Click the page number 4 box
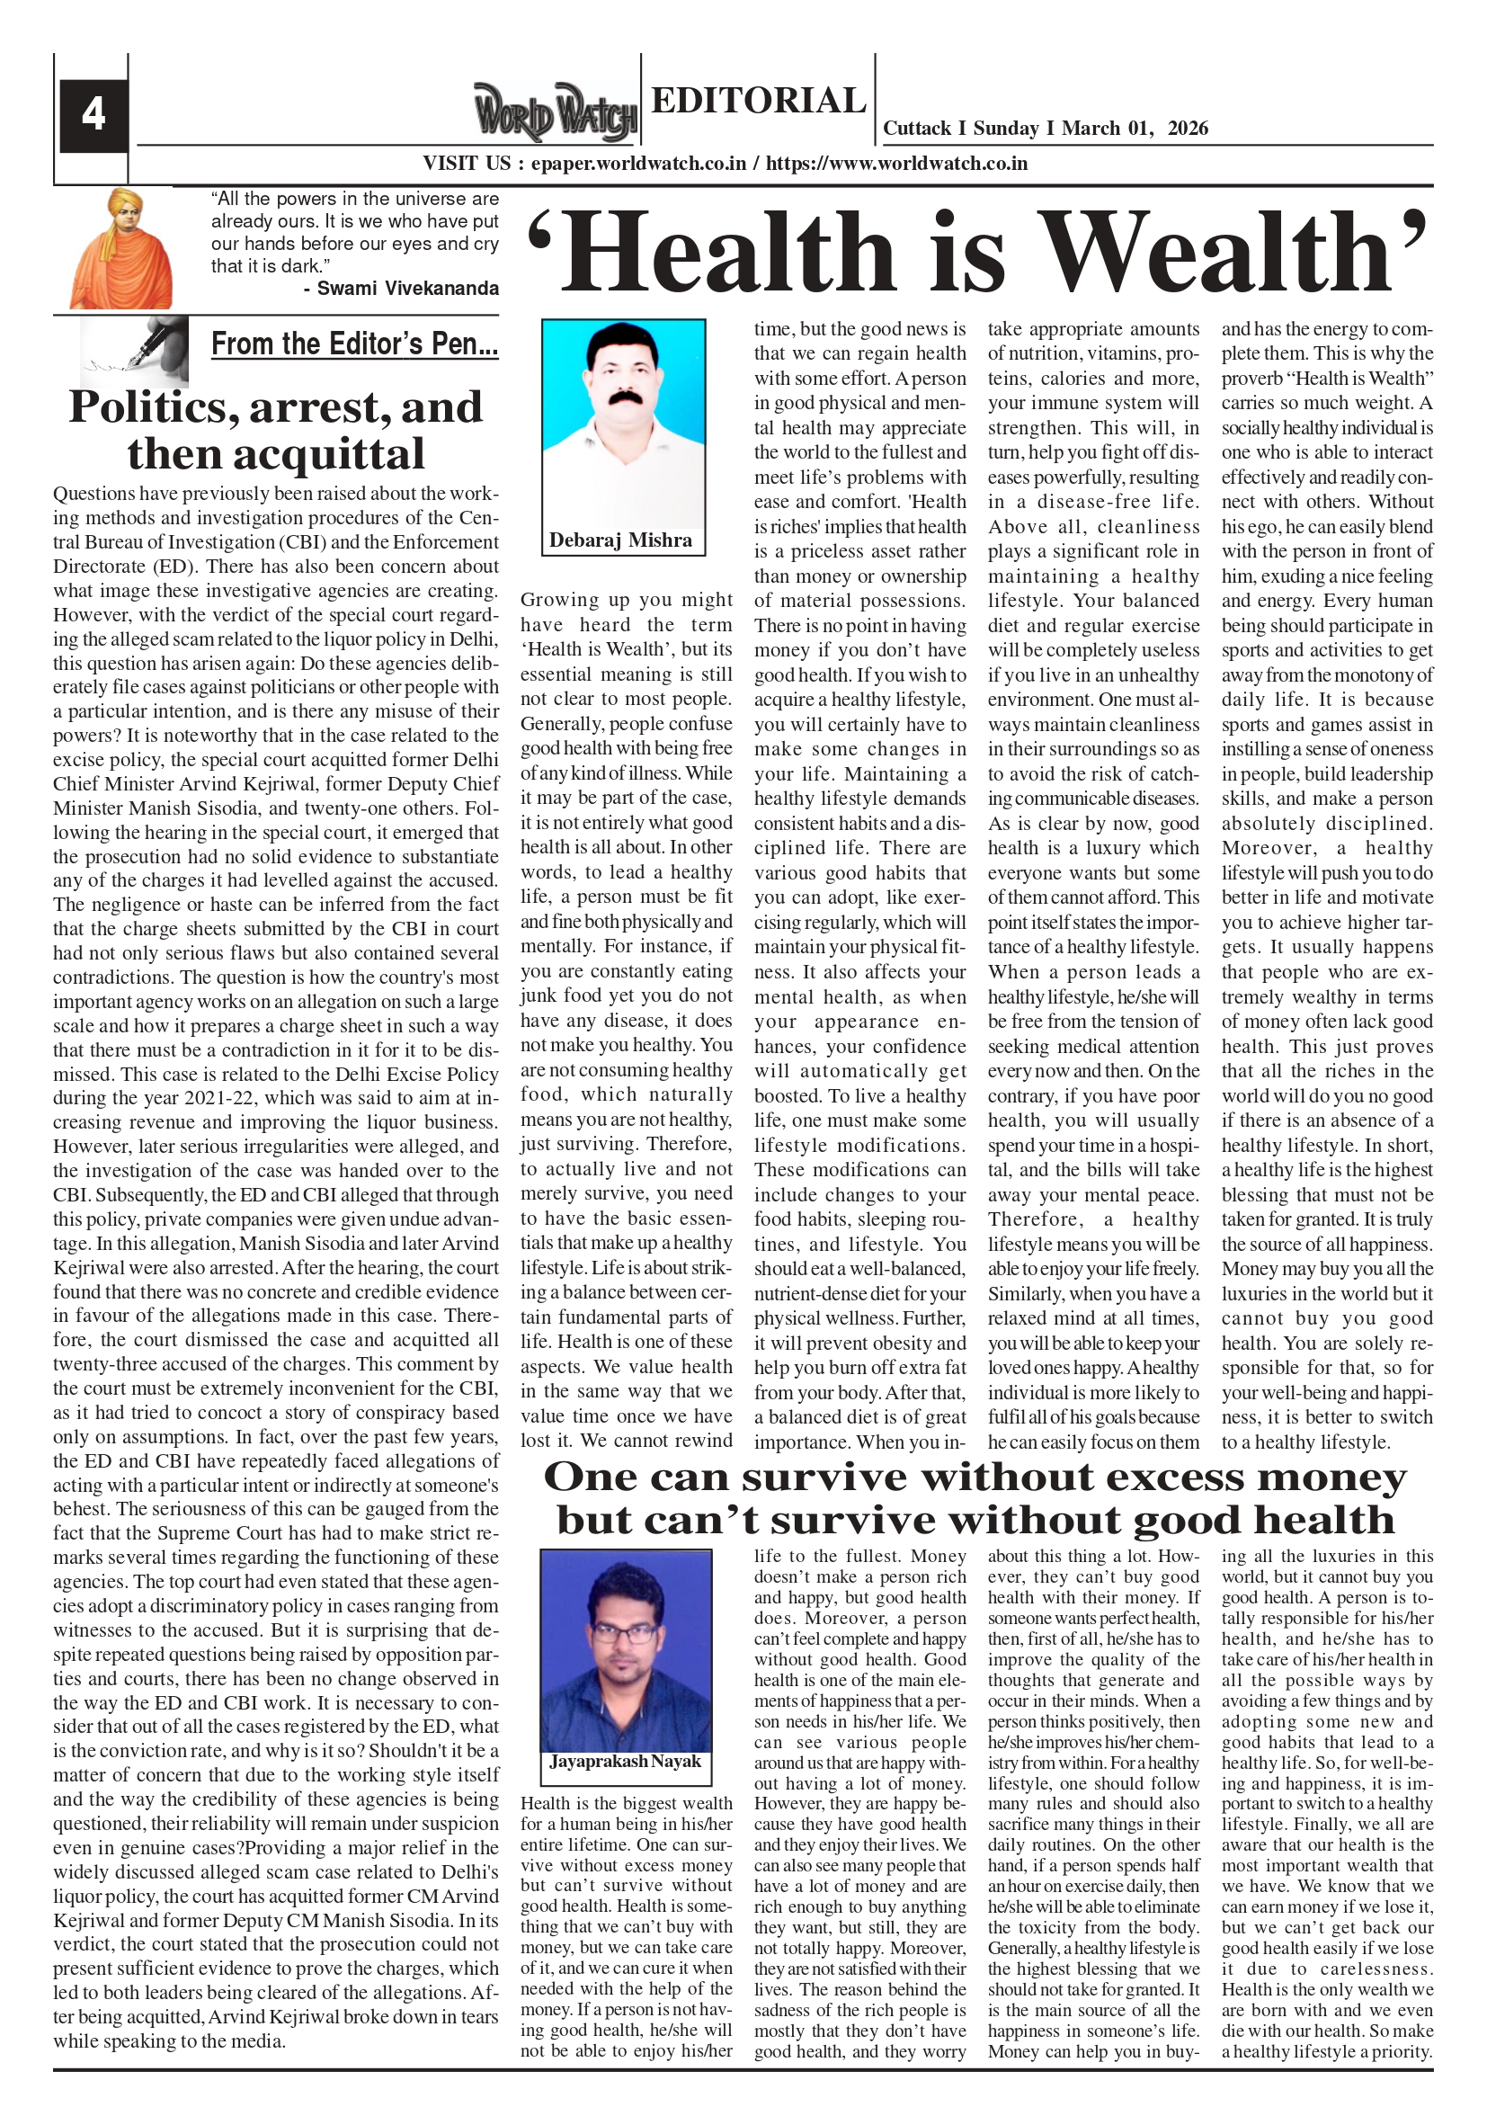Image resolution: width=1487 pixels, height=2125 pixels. tap(93, 115)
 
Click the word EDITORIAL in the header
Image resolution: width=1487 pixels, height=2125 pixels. tap(758, 100)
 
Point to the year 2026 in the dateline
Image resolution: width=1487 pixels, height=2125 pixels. tap(1188, 129)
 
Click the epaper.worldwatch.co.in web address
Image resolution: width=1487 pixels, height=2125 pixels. tap(638, 164)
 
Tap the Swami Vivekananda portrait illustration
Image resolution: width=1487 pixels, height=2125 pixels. tap(120, 249)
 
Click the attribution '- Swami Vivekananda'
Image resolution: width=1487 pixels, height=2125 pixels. tap(401, 289)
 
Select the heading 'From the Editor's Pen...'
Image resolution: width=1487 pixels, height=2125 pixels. tap(354, 344)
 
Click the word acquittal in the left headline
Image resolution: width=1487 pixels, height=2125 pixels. tap(276, 454)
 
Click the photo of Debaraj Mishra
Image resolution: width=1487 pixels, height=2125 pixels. tap(624, 423)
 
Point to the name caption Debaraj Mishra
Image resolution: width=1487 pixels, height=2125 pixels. tap(620, 540)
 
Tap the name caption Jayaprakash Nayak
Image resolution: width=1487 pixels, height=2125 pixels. tap(626, 1763)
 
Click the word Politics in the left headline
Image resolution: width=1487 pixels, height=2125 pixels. tap(150, 408)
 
